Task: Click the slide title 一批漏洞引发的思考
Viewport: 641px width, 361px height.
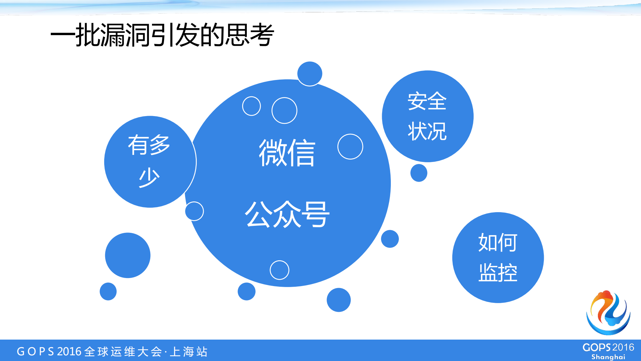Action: (x=162, y=35)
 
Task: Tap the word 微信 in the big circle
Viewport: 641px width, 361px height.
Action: (x=287, y=153)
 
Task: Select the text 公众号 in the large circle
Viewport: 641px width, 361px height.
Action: (x=287, y=214)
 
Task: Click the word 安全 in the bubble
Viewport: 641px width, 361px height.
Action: (x=427, y=101)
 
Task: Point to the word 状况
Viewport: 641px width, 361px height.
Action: (x=427, y=131)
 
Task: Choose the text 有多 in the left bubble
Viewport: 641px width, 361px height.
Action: (x=149, y=145)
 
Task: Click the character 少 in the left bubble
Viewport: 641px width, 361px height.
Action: (x=149, y=177)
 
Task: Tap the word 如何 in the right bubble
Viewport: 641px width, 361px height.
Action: (x=498, y=242)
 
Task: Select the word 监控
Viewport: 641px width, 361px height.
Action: (x=498, y=272)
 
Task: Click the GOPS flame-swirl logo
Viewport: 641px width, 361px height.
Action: (x=608, y=313)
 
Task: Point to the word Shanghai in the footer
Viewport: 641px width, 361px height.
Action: (x=608, y=357)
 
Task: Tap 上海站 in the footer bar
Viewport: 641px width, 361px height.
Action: (x=189, y=352)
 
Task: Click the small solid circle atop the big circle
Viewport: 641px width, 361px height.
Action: (x=310, y=74)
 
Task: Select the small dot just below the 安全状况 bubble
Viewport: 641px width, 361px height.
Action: (x=419, y=173)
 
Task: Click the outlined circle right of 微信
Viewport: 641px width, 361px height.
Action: (x=350, y=147)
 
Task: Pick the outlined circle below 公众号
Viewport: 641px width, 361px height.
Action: (x=279, y=270)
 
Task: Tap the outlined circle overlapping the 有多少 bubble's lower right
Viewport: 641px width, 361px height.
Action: (x=194, y=211)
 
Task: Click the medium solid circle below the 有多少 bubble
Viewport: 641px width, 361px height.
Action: (x=128, y=255)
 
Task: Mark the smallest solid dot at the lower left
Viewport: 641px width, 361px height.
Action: (x=108, y=291)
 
